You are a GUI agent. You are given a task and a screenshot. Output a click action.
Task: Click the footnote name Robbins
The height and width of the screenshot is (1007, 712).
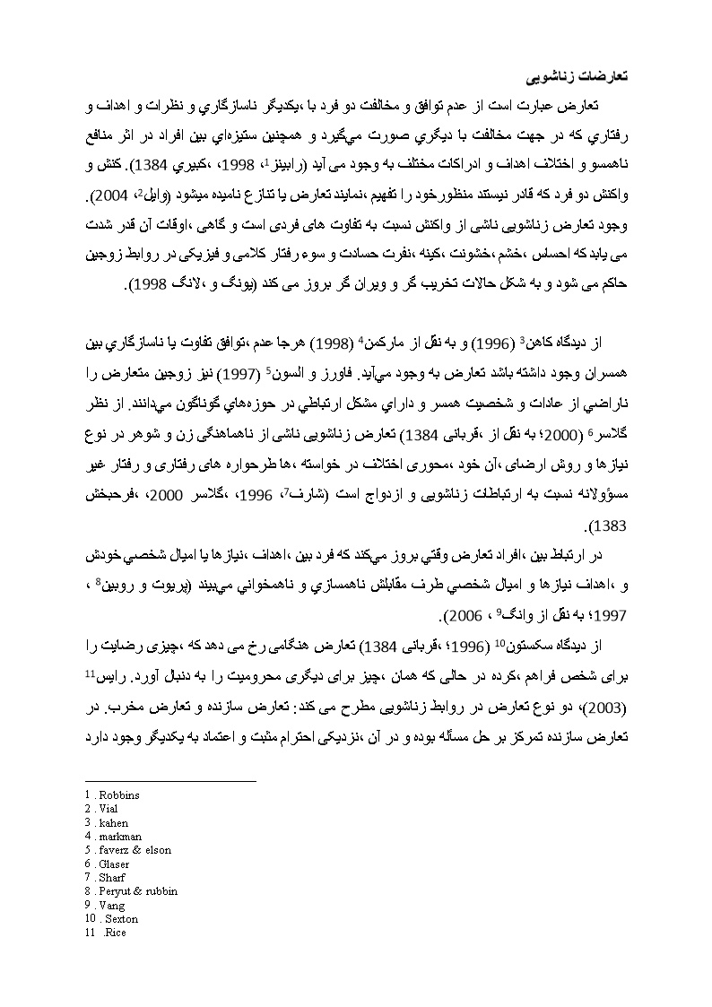(x=119, y=795)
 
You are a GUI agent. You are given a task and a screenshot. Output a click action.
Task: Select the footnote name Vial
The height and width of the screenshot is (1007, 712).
(x=109, y=809)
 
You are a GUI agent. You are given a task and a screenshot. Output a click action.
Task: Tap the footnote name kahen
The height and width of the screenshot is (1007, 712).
(x=114, y=823)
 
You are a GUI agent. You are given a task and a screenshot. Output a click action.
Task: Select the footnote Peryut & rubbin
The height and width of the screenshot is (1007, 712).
(x=138, y=891)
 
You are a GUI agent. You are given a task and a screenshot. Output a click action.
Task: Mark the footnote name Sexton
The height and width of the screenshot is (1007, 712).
(x=122, y=919)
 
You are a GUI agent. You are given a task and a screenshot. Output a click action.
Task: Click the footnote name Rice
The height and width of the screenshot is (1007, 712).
(x=115, y=933)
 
